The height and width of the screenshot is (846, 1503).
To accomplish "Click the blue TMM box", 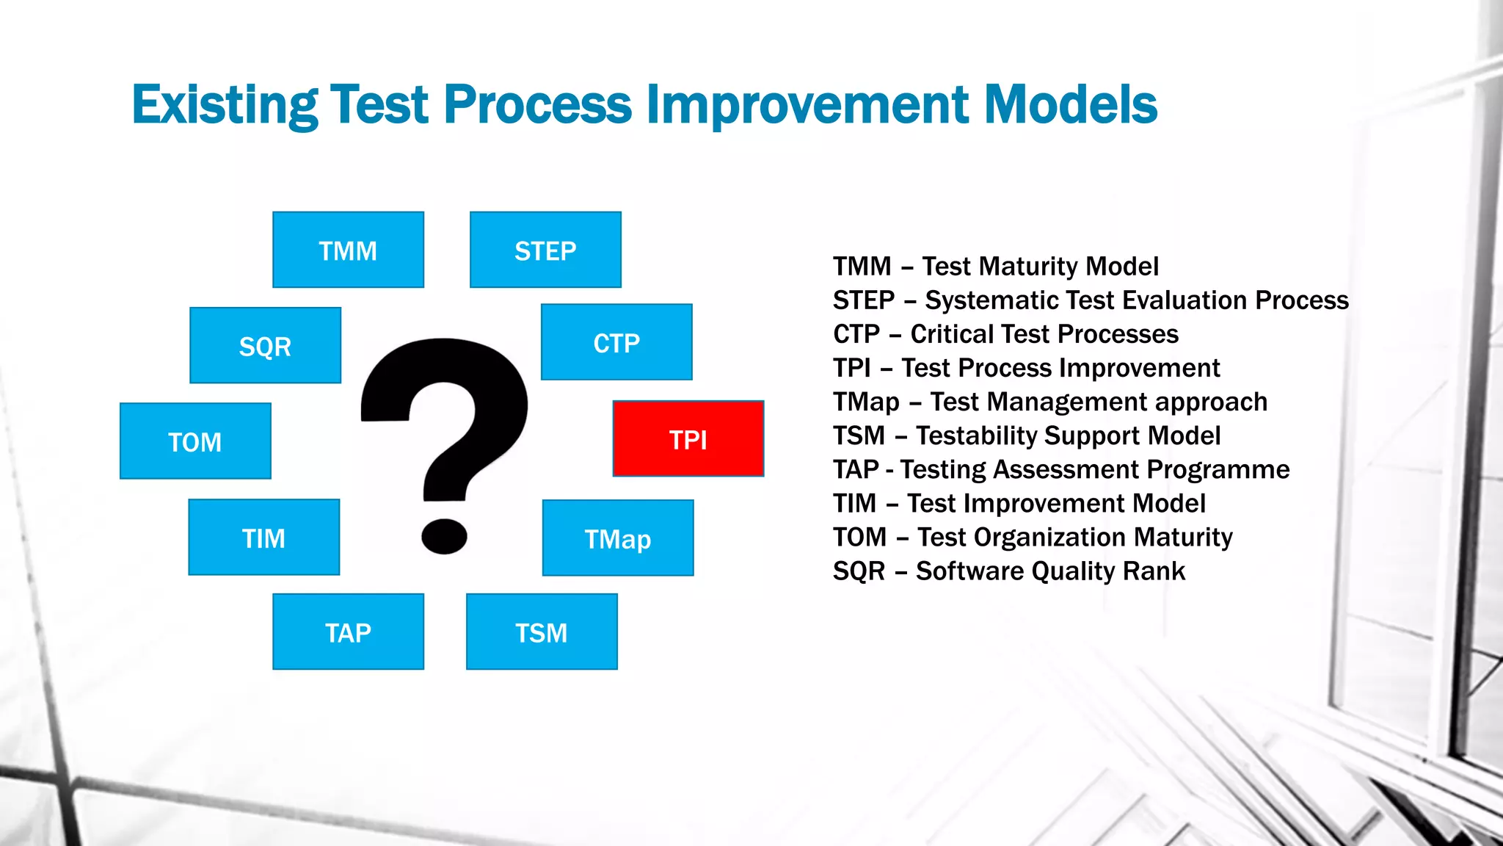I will click(348, 250).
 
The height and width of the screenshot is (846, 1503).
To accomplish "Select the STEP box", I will click(545, 250).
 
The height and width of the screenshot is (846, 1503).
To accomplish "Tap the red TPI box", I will click(688, 438).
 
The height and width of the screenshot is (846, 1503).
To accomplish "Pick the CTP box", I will click(616, 342).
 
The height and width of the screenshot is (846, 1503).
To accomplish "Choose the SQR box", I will click(265, 345).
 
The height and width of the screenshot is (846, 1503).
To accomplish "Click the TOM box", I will click(195, 441).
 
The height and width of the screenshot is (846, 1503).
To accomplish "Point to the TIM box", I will click(263, 537).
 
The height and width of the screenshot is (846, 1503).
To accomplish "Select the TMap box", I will click(618, 538).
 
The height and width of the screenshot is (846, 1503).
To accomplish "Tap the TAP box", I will click(348, 632).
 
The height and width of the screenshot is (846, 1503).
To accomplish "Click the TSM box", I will click(542, 632).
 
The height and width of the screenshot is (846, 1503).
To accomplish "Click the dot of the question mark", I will click(444, 536).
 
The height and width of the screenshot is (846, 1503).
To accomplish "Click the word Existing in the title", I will click(225, 104).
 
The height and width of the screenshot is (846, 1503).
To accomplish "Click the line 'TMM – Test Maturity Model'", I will click(995, 266).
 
